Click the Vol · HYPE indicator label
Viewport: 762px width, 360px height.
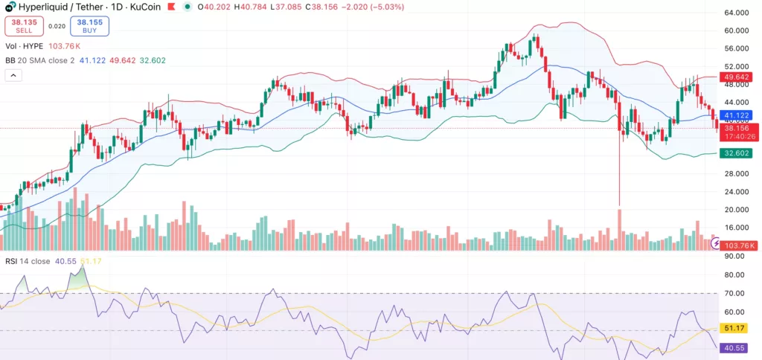coord(23,45)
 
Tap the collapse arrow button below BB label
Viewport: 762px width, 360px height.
coord(13,75)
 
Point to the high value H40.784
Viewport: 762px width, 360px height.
coord(246,6)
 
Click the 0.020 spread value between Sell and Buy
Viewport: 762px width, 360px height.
coord(56,26)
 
